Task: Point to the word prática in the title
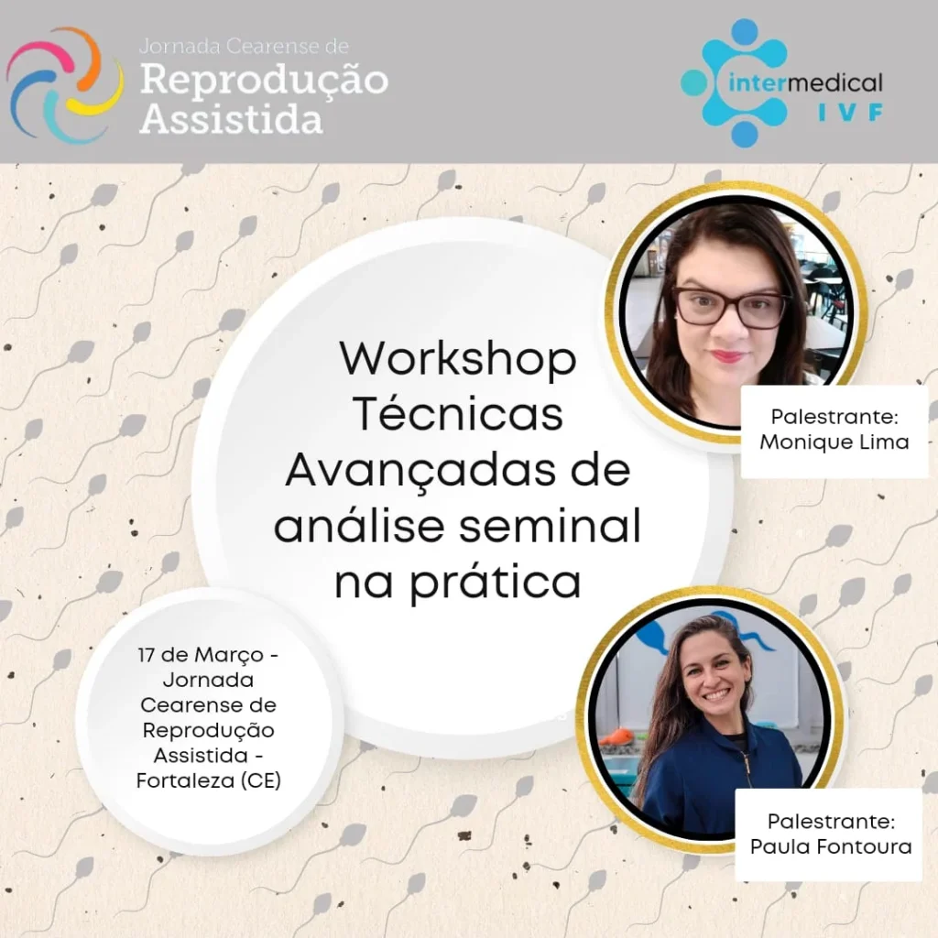point(503,580)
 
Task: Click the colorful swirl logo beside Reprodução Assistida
point(65,84)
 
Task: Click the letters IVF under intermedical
point(851,112)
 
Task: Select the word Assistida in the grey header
point(231,118)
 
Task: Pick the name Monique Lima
point(834,442)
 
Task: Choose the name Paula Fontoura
point(831,846)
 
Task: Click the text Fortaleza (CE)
point(208,780)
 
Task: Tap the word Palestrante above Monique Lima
point(834,417)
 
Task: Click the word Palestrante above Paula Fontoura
point(831,822)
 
